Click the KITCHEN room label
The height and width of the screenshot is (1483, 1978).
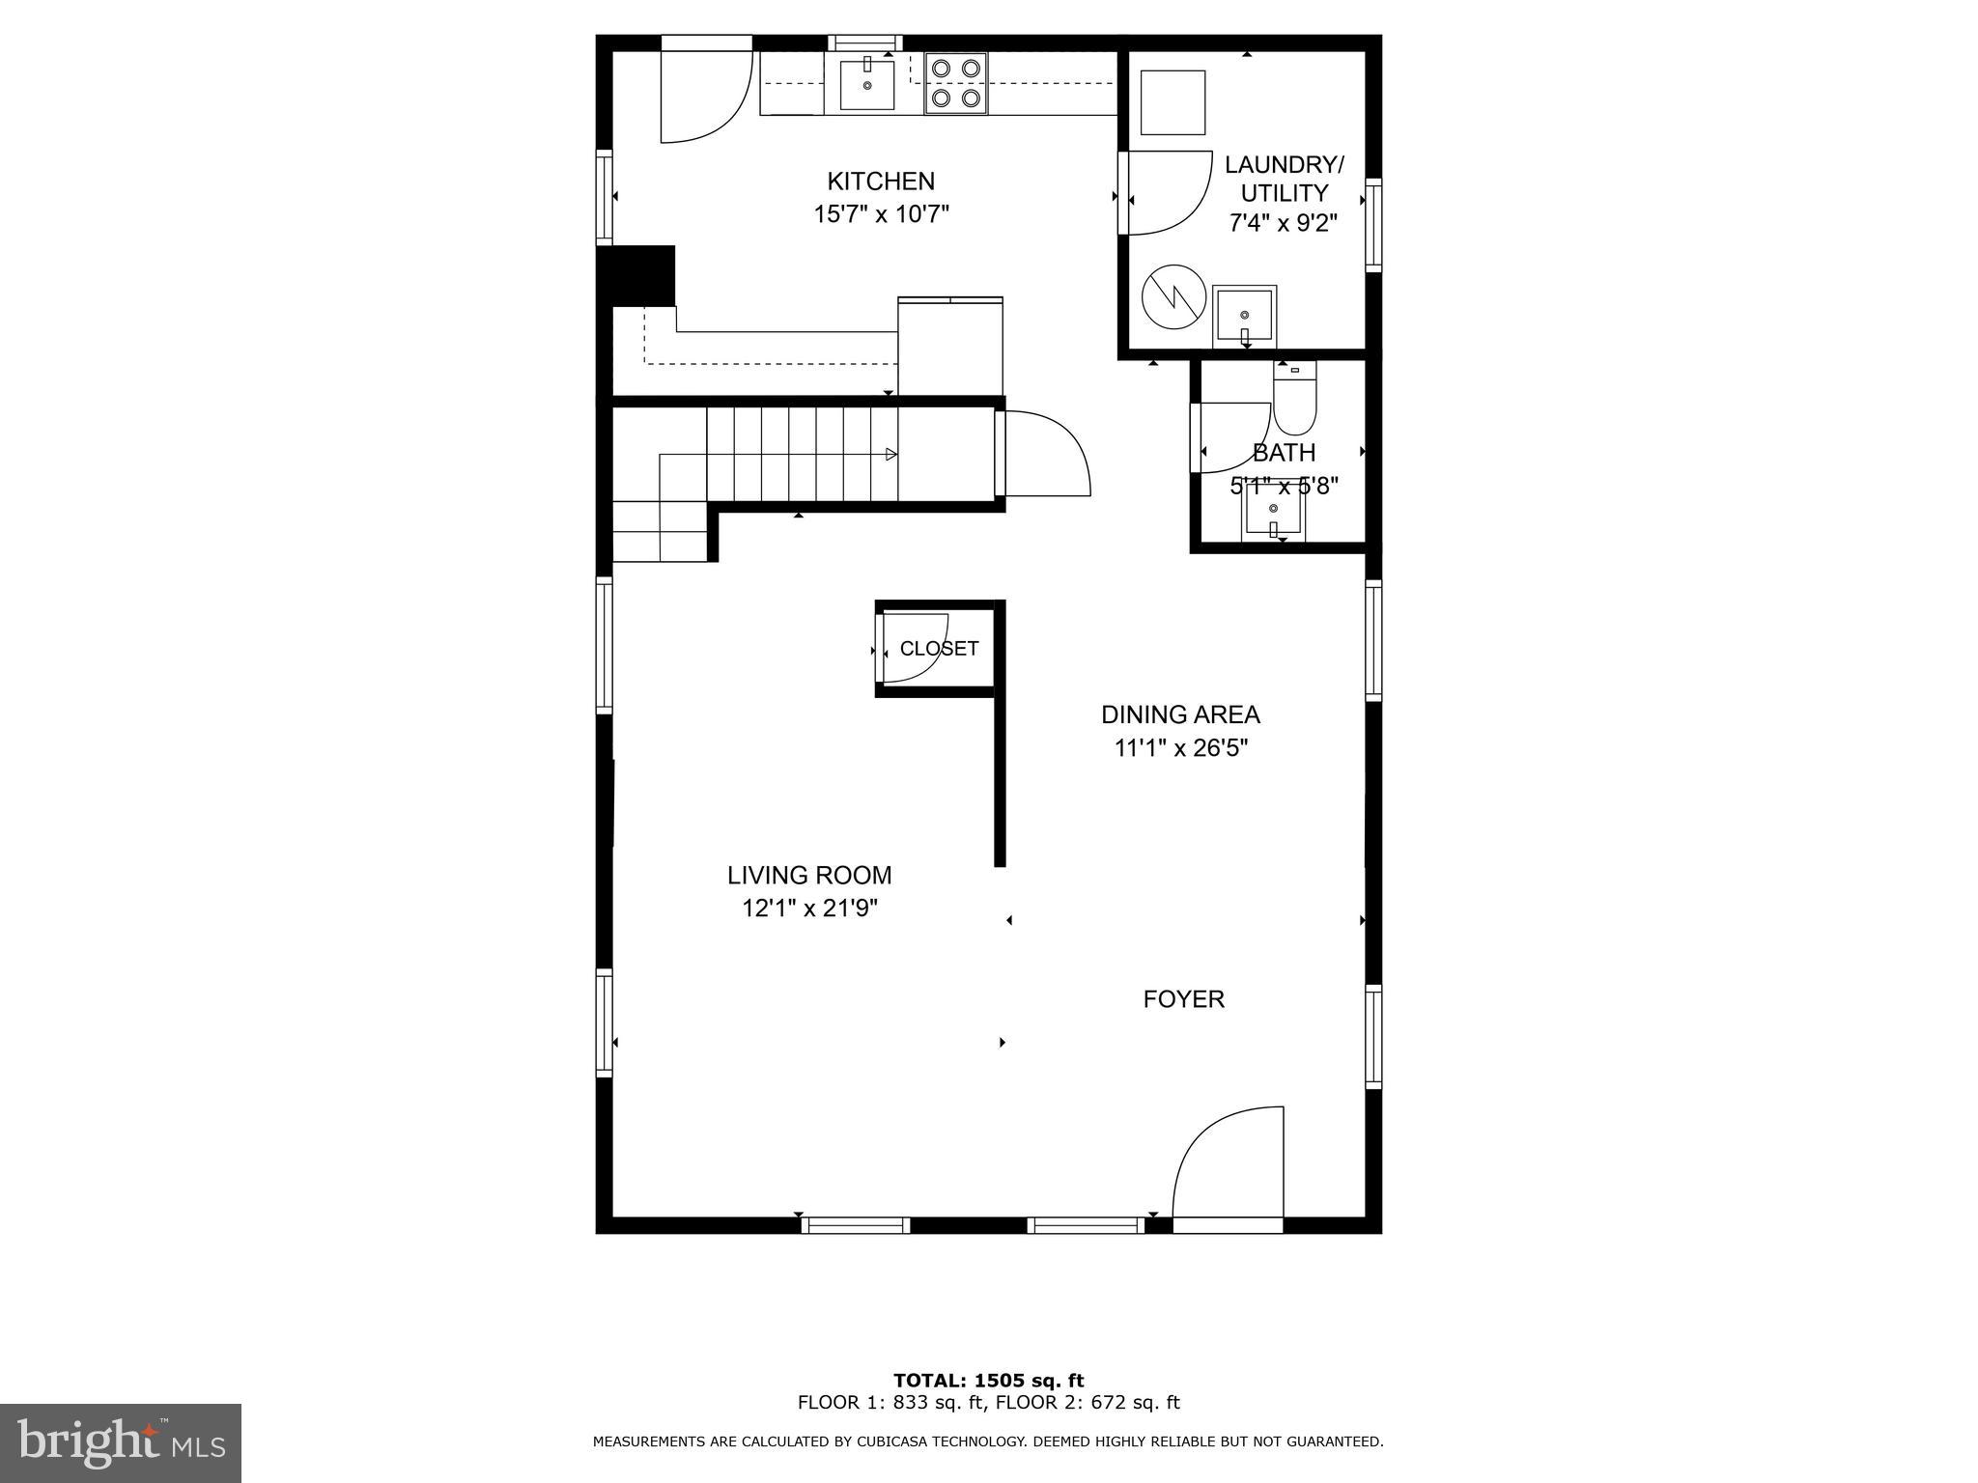881,182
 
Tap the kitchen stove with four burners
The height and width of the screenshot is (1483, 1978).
956,83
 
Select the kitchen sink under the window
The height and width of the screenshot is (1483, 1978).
867,84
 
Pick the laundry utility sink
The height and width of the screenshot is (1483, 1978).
1245,316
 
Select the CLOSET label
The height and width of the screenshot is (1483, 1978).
939,649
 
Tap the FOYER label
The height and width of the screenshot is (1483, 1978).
1183,999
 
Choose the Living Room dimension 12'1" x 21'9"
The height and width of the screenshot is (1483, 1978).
809,909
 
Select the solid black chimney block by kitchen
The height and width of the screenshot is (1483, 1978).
636,275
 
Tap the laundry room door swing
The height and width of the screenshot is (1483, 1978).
1167,193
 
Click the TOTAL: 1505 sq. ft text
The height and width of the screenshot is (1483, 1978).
988,1381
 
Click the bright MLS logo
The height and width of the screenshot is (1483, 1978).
120,1442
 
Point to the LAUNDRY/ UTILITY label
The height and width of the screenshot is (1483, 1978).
1283,178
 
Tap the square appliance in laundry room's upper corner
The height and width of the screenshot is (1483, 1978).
1173,101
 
